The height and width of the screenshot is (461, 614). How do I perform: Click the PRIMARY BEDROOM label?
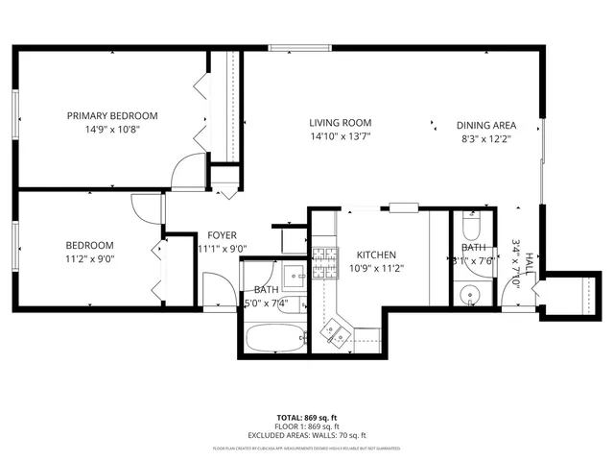(112, 116)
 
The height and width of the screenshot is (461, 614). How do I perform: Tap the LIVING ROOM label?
(340, 123)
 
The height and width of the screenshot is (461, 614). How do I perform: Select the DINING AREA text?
(486, 125)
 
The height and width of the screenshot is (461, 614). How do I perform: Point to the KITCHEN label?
(376, 255)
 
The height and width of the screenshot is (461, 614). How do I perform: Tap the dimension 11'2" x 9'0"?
(89, 257)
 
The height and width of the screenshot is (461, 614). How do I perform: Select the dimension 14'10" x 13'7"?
(340, 136)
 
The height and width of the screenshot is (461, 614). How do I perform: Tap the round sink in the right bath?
(470, 295)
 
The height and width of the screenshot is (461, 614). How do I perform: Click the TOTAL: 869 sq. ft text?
(307, 418)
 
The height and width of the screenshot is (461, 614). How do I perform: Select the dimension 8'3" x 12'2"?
(486, 137)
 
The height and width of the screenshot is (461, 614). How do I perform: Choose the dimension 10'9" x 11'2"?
(376, 268)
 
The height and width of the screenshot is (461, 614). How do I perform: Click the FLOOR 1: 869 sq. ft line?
(307, 425)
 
